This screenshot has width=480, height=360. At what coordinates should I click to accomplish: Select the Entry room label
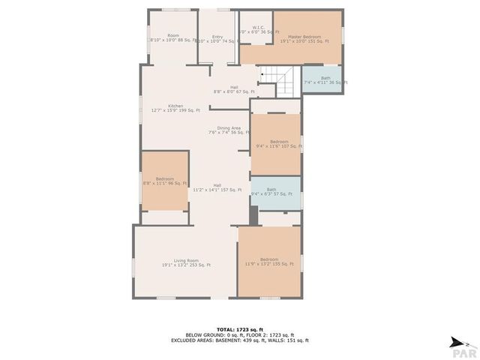coord(217,39)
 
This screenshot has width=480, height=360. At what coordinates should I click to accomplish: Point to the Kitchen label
coord(175,108)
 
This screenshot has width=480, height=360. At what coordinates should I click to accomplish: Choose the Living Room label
coord(186,262)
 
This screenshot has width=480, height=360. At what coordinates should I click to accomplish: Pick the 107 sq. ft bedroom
coord(279,143)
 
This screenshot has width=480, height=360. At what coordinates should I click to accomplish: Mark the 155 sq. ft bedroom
coord(269,262)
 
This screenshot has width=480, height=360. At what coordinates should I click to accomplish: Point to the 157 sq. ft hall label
coord(217,187)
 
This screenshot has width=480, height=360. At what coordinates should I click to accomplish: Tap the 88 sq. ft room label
coord(173,37)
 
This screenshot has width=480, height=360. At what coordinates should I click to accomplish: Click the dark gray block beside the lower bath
coord(254,214)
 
